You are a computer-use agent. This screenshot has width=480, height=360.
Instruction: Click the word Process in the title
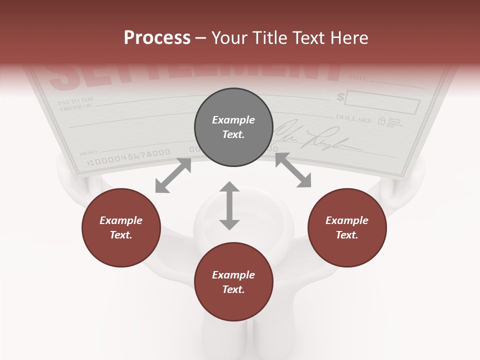point(157,38)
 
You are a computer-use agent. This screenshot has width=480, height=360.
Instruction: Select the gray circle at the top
point(233,127)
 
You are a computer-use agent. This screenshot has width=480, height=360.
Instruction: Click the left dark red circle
point(121,228)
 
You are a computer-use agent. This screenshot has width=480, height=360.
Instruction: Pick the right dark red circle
point(347,228)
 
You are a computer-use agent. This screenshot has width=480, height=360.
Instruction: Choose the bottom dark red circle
point(233,282)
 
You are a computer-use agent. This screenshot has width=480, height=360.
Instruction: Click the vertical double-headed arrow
point(229,205)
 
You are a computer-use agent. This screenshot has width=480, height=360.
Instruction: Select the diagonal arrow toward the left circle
point(173,175)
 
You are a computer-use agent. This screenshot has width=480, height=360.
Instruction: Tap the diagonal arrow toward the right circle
point(293,170)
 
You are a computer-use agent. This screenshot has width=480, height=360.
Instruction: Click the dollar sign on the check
point(340,97)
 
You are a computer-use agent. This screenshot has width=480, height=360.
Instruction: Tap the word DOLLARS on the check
point(353,119)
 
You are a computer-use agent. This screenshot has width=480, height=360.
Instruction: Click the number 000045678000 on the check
point(131,155)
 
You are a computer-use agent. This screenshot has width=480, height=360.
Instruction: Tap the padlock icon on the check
point(381,120)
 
